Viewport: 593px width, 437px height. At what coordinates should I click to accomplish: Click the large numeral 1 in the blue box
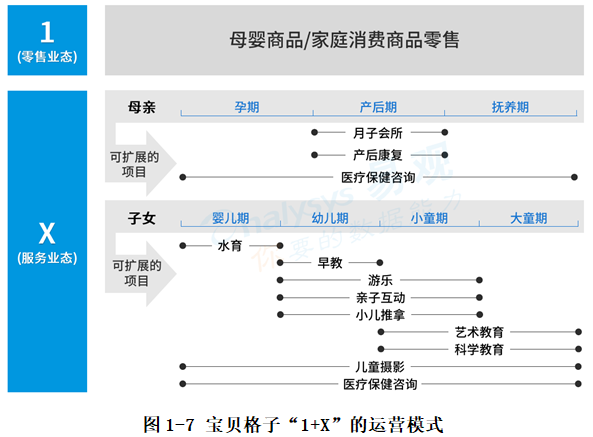[47, 32]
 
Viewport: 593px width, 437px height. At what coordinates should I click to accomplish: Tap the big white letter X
[47, 233]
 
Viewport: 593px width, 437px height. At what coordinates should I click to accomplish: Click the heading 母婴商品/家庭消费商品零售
[344, 40]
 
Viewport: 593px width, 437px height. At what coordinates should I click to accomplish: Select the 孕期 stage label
[247, 107]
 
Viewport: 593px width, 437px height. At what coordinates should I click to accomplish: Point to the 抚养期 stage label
[510, 107]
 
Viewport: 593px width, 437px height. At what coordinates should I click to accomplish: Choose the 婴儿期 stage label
[230, 218]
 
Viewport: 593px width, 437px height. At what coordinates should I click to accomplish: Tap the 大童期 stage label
[528, 218]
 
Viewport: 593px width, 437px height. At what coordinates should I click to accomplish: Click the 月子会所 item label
[377, 133]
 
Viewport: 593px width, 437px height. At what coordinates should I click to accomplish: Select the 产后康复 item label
[377, 155]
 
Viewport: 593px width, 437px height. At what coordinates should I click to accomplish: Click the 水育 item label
[230, 246]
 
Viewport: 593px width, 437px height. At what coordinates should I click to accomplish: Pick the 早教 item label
[330, 263]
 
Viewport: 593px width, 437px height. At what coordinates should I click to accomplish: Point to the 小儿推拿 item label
[380, 315]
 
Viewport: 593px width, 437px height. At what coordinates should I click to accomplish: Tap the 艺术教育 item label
[479, 332]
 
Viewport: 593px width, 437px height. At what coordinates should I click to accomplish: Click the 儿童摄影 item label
[380, 366]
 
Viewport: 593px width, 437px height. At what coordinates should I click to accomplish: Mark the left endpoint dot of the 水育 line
[183, 246]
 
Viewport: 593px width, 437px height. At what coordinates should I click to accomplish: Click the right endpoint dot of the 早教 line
[380, 263]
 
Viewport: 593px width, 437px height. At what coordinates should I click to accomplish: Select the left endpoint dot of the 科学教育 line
[381, 349]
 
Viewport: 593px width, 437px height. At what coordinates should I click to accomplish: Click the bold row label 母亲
[141, 107]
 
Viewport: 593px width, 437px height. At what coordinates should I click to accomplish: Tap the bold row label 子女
[141, 218]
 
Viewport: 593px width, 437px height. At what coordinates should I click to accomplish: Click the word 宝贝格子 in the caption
[243, 425]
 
